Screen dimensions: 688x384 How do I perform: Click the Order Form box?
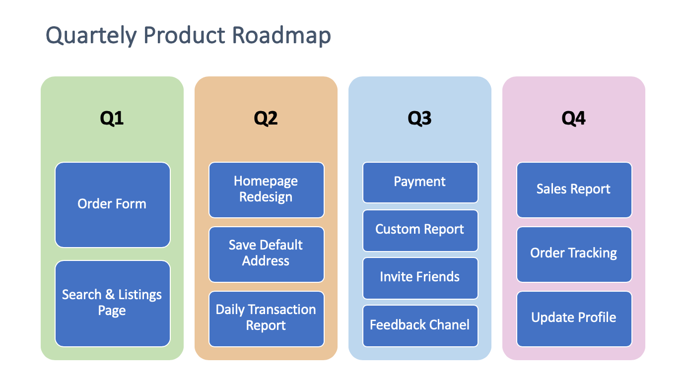point(112,205)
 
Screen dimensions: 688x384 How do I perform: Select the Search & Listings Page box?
point(112,304)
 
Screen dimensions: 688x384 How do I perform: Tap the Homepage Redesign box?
point(266,190)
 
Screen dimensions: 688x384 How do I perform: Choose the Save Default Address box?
point(266,255)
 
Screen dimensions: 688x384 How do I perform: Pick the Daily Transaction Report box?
point(266,319)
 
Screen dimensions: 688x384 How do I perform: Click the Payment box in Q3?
point(420,183)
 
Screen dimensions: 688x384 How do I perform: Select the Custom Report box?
point(420,231)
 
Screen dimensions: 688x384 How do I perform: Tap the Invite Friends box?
point(420,278)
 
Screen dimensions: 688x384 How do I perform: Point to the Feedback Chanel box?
point(420,325)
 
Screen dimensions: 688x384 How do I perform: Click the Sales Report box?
point(574,190)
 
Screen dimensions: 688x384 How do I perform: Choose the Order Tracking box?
point(574,255)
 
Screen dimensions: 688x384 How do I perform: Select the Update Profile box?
point(574,319)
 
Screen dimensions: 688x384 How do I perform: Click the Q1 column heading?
point(112,119)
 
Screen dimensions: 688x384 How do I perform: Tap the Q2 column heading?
point(266,119)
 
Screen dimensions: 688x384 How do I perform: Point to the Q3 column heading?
point(419,119)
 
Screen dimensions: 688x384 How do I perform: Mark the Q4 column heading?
point(573,119)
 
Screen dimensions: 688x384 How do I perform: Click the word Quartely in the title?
point(91,36)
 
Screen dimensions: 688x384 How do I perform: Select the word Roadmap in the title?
point(281,36)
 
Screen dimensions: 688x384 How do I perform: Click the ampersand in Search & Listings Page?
point(110,294)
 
